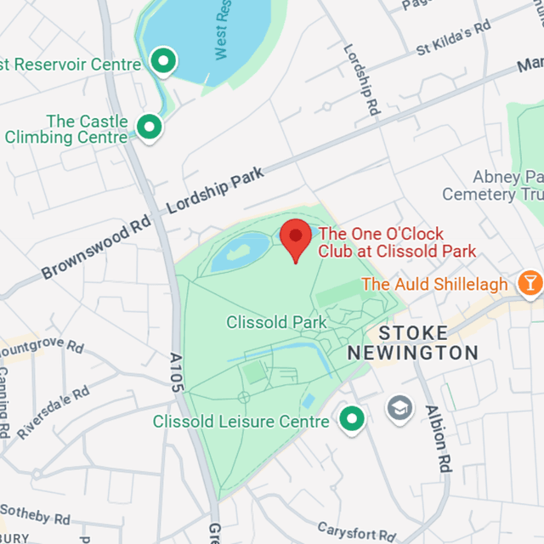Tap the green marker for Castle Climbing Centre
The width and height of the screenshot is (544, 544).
150,127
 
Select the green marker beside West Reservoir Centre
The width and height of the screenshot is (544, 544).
161,60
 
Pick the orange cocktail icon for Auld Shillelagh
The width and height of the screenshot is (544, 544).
530,283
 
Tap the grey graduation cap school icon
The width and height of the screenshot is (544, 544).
399,409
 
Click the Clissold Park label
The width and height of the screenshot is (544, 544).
277,323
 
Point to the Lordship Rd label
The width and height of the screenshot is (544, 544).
361,80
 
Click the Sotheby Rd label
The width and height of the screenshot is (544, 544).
36,514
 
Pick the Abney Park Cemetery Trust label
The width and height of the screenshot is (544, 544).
505,186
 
